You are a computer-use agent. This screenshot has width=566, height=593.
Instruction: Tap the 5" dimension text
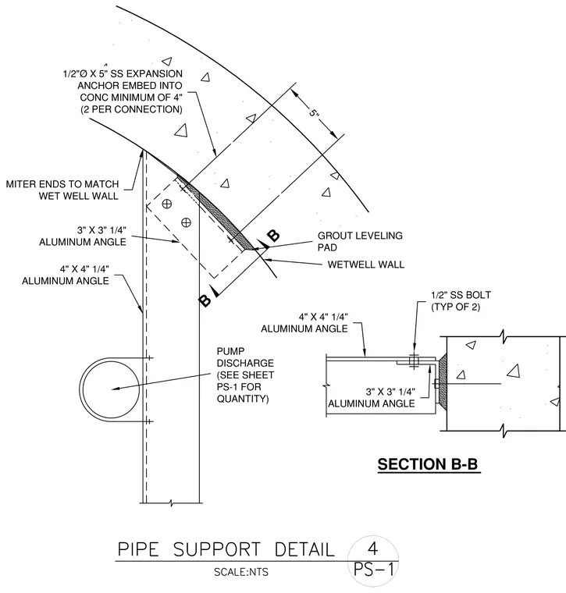click(314, 112)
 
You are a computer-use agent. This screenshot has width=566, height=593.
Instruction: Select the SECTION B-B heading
click(428, 464)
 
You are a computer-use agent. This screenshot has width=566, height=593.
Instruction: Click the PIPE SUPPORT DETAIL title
click(226, 549)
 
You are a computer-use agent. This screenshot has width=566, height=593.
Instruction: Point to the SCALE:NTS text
click(241, 572)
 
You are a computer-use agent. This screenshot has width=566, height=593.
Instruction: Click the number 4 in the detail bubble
click(372, 548)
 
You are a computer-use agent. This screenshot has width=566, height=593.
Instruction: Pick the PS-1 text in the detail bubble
click(374, 569)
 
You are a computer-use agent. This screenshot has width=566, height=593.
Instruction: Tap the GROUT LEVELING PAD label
click(360, 241)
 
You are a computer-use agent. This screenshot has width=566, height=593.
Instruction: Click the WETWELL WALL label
click(366, 265)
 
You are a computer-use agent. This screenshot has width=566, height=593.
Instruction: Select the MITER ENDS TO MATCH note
click(62, 190)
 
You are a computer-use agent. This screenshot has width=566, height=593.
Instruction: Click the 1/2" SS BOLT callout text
click(461, 300)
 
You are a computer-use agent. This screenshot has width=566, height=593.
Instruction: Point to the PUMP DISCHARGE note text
click(245, 375)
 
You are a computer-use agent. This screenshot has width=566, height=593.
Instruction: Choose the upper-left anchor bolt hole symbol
click(166, 204)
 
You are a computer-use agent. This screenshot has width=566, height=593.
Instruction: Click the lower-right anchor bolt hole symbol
click(186, 222)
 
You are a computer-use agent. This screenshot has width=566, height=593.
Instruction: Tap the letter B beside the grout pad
click(273, 235)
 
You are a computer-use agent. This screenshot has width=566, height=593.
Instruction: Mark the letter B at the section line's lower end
click(205, 300)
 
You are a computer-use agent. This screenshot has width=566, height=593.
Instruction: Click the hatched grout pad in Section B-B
click(442, 380)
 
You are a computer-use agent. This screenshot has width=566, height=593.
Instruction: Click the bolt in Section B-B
click(414, 362)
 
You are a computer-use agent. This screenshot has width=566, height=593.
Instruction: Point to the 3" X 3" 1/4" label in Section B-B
click(390, 392)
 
